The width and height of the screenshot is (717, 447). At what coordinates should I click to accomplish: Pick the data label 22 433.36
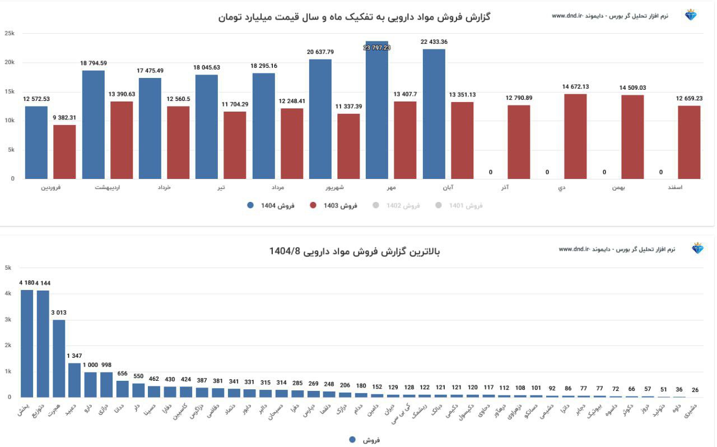tap(434, 42)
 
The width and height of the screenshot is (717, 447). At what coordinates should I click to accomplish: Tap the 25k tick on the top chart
tap(10, 34)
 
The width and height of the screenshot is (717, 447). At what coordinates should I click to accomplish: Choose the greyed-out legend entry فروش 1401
tap(459, 206)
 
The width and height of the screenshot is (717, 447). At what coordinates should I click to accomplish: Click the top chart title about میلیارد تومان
tap(354, 17)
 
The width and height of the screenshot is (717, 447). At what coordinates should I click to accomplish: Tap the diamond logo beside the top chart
tap(691, 15)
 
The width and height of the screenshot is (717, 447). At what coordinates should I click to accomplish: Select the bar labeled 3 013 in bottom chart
tap(59, 358)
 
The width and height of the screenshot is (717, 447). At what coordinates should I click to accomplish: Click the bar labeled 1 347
tap(75, 380)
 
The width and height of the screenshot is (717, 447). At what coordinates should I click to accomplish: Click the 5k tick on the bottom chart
tap(8, 268)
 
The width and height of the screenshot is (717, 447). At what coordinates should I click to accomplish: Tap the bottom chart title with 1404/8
tap(355, 251)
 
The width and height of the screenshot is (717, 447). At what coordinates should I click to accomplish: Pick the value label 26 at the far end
tap(695, 390)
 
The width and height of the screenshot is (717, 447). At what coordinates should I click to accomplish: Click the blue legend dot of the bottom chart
tap(352, 440)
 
